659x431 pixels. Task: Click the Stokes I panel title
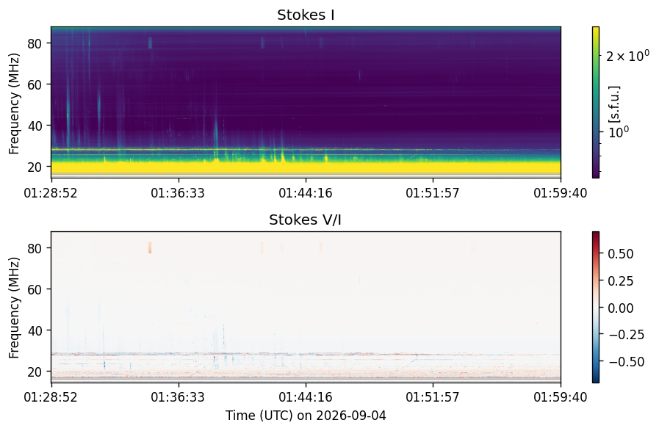pos(306,15)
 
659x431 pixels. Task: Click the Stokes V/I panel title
pos(305,220)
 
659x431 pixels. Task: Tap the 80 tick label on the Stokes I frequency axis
pos(34,43)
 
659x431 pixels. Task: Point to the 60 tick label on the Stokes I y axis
pos(34,84)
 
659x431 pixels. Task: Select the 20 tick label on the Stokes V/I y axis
pos(34,372)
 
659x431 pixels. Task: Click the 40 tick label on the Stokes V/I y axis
pos(34,330)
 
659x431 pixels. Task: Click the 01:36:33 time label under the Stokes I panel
pos(178,193)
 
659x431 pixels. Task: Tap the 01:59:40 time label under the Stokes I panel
pos(561,193)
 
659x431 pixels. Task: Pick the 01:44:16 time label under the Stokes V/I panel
pos(306,397)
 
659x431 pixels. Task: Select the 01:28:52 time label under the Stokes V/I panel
pos(51,397)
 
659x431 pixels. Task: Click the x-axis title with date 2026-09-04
pos(306,416)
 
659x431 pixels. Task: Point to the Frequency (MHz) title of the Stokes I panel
pos(14,104)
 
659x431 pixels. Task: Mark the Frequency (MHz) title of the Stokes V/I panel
pos(14,308)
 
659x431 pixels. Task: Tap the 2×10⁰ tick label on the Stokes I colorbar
pos(628,56)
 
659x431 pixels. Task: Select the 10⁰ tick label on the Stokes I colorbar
pos(619,132)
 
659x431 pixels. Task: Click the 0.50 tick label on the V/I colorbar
pos(621,254)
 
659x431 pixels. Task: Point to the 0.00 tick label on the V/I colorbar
pos(621,308)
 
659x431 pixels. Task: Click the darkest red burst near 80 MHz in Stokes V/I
pos(150,248)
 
